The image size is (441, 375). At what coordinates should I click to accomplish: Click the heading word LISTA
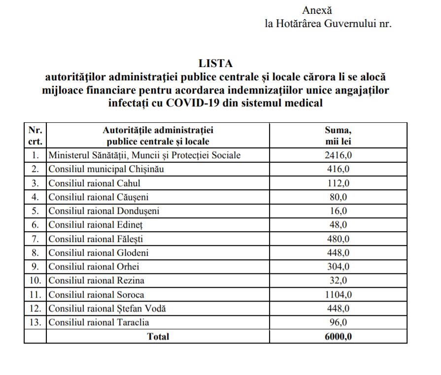pyautogui.click(x=215, y=63)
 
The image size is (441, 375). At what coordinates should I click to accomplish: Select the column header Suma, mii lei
pyautogui.click(x=338, y=136)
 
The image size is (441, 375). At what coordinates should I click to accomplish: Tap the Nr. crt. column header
pyautogui.click(x=35, y=136)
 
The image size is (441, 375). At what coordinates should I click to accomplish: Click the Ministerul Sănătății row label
pyautogui.click(x=144, y=155)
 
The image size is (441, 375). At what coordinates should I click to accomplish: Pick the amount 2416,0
pyautogui.click(x=338, y=155)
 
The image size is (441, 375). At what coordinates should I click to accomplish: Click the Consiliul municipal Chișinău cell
pyautogui.click(x=106, y=169)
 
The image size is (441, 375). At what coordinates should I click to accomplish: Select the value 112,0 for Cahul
pyautogui.click(x=338, y=183)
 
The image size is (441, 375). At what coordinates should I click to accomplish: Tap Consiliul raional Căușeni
pyautogui.click(x=99, y=197)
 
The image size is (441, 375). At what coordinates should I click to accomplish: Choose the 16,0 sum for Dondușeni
pyautogui.click(x=338, y=211)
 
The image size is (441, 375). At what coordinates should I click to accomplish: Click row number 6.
pyautogui.click(x=35, y=225)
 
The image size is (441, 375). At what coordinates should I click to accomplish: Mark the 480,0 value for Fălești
pyautogui.click(x=338, y=239)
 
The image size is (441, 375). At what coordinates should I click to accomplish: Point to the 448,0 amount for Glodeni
pyautogui.click(x=338, y=253)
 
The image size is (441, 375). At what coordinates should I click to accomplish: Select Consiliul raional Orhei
pyautogui.click(x=94, y=267)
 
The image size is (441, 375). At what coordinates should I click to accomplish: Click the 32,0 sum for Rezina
pyautogui.click(x=338, y=281)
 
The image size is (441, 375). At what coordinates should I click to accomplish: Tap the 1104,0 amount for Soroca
pyautogui.click(x=338, y=295)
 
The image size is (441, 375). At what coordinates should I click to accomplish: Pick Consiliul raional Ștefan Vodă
pyautogui.click(x=107, y=308)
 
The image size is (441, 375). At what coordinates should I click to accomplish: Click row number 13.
pyautogui.click(x=35, y=322)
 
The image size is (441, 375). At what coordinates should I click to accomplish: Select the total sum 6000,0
pyautogui.click(x=338, y=337)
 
